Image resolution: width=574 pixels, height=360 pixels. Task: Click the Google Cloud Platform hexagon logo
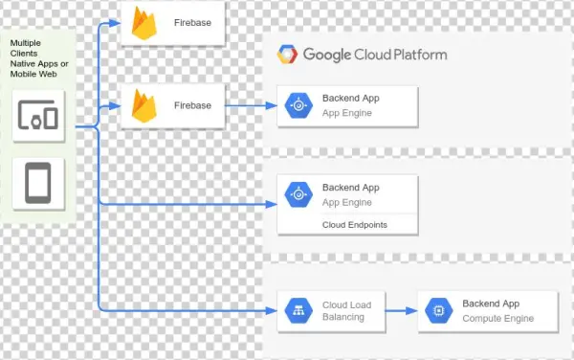(286, 55)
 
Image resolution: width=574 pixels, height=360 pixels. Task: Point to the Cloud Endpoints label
(354, 224)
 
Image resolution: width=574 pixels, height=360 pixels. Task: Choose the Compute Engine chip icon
(439, 310)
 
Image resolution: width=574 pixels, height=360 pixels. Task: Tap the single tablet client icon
(37, 181)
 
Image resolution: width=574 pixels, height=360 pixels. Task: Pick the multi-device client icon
(37, 116)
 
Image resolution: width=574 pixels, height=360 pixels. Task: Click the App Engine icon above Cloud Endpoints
(298, 194)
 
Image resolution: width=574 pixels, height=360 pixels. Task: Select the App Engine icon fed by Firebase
(298, 105)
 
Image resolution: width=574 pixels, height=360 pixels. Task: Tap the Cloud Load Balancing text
(346, 311)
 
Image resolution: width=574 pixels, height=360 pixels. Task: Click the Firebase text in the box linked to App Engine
(192, 105)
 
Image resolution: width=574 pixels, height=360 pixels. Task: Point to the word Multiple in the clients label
(25, 44)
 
